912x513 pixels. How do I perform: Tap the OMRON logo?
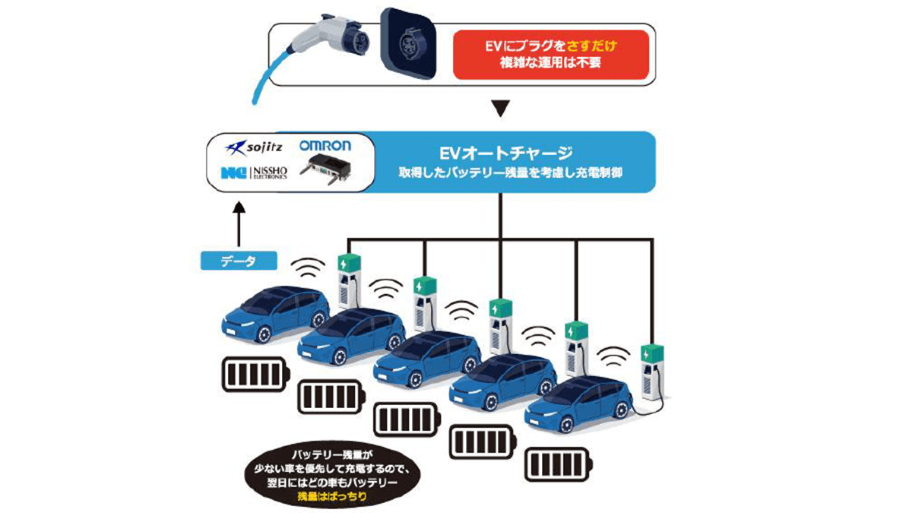pyautogui.click(x=325, y=145)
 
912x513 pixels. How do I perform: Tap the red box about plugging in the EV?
pyautogui.click(x=551, y=55)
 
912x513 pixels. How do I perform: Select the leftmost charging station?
pyautogui.click(x=350, y=285)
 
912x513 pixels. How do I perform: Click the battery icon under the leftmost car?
pyautogui.click(x=254, y=373)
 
